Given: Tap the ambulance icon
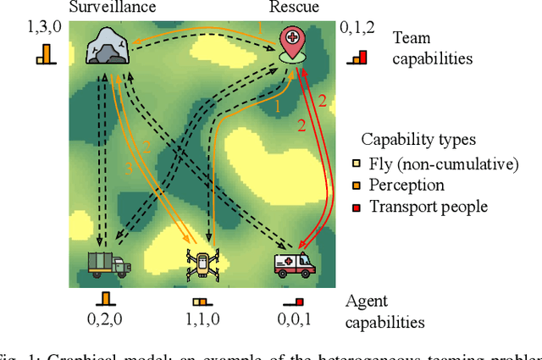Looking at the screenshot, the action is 293,263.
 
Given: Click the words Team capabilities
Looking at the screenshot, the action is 432,48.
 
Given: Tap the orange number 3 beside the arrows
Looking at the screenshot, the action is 130,169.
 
